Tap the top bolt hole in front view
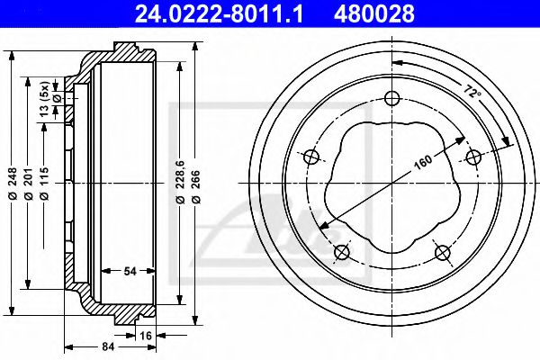click(x=391, y=99)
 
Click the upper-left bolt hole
click(x=311, y=157)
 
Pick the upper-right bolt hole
click(x=472, y=157)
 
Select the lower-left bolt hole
click(x=342, y=253)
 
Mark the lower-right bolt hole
click(x=442, y=253)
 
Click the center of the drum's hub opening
click(x=391, y=181)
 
